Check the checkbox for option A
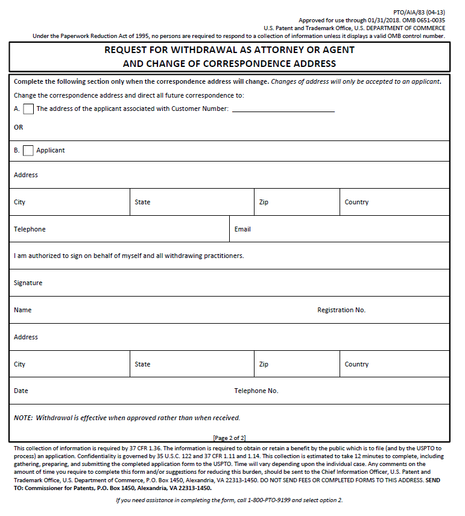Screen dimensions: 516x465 coord(28,109)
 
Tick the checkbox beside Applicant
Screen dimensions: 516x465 coord(28,151)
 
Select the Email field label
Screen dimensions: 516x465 coord(242,229)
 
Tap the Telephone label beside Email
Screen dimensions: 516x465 coord(30,229)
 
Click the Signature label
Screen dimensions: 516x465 coord(28,283)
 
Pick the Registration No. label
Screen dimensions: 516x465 coord(341,310)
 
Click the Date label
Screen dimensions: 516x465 coord(21,391)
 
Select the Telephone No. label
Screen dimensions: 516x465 coord(256,391)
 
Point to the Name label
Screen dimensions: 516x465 coord(22,310)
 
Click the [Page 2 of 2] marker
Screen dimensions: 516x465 coord(229,438)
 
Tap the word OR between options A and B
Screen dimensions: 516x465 coord(18,127)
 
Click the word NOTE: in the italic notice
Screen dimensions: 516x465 coord(24,418)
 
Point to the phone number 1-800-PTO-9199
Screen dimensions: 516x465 coord(268,500)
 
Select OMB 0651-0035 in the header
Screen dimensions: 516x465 coord(424,20)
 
